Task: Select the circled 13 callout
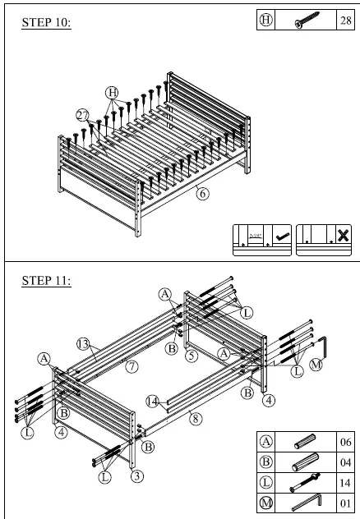[x=83, y=342]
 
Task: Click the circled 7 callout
[x=131, y=366]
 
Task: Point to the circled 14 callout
[x=152, y=402]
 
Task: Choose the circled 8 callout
[x=194, y=418]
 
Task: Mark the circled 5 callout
[x=191, y=356]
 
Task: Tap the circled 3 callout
[x=136, y=475]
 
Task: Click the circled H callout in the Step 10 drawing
[x=113, y=92]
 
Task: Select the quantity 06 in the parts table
[x=344, y=441]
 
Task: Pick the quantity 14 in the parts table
[x=344, y=482]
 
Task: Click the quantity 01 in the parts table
[x=344, y=503]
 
